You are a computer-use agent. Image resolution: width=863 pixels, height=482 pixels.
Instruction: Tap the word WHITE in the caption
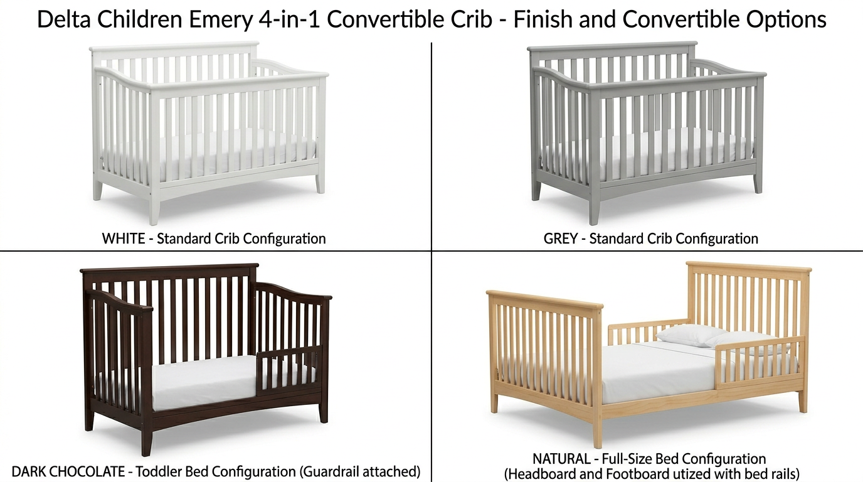[124, 238]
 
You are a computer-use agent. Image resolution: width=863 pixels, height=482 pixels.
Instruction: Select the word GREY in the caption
[560, 238]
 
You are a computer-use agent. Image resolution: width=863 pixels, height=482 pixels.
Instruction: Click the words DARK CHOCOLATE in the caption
[68, 471]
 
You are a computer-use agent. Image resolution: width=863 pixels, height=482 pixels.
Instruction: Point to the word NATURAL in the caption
[561, 459]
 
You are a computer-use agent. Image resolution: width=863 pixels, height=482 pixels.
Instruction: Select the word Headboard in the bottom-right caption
[537, 473]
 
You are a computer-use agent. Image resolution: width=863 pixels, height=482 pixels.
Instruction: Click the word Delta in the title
[63, 20]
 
